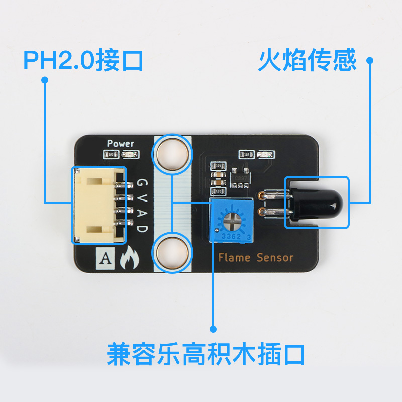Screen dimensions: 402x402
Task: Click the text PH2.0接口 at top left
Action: pos(83,60)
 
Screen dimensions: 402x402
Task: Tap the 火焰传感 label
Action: pos(307,60)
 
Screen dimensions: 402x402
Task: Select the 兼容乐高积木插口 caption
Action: pos(206,354)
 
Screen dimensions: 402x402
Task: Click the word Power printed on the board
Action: pos(121,143)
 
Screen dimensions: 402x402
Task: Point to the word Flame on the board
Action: pos(235,258)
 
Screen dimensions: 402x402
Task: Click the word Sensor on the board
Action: pos(274,258)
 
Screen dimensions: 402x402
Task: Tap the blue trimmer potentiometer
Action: pos(233,220)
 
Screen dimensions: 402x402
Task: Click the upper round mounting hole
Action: pos(172,153)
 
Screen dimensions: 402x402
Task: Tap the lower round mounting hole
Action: pos(172,252)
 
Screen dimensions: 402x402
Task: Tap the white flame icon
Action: pos(129,259)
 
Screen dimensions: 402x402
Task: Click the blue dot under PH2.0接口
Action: pos(45,80)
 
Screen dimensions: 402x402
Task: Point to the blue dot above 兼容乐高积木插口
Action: pos(213,329)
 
